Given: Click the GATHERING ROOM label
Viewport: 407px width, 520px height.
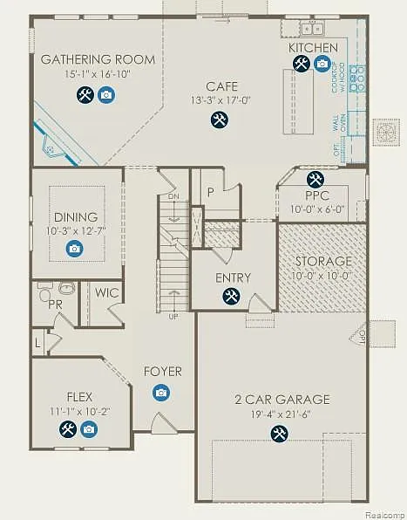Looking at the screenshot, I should [x=98, y=59].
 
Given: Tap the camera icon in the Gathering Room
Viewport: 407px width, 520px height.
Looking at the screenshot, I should [x=105, y=95].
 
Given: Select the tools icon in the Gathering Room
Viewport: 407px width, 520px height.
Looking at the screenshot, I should [x=85, y=95].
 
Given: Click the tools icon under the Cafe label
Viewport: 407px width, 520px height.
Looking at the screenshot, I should [x=218, y=120].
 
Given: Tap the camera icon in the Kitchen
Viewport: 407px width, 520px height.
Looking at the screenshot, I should [x=322, y=64].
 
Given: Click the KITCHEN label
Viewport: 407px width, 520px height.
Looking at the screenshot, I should [x=313, y=47].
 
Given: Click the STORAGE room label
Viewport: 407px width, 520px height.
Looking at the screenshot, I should [x=323, y=261].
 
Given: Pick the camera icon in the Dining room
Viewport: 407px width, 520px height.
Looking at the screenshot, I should [x=75, y=250].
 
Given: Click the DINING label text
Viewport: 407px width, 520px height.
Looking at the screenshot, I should [x=76, y=217].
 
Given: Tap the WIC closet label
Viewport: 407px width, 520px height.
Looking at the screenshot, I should [x=107, y=293].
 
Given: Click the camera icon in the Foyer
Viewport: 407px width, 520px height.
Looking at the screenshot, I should [x=161, y=393].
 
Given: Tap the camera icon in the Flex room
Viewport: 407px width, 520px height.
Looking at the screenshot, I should [x=88, y=428].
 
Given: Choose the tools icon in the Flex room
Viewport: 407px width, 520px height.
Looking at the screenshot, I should [x=67, y=428].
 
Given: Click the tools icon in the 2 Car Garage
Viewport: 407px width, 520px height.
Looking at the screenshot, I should [x=279, y=433].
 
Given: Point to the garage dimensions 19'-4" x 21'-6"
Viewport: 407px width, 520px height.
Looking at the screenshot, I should [x=282, y=413].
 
